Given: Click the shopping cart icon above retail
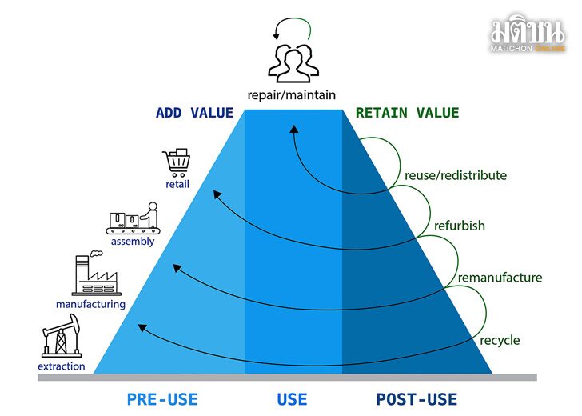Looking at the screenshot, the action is [x=177, y=162].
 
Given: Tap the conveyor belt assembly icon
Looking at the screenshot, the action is [x=134, y=218].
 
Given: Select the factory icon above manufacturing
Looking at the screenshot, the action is [x=96, y=274].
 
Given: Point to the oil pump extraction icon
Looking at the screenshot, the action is [x=62, y=336].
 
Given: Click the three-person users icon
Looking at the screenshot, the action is [x=293, y=63].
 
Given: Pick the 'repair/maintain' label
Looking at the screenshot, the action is [x=291, y=95].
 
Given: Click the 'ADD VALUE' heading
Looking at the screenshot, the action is [x=194, y=113].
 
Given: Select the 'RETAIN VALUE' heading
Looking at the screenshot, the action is [x=407, y=113].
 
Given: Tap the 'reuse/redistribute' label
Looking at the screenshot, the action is [x=456, y=175].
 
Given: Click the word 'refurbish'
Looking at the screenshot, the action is [x=460, y=226].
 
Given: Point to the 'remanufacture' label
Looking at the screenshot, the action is [x=500, y=278].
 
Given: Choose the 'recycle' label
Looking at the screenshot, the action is [x=500, y=340].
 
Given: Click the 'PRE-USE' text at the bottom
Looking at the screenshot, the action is [x=162, y=400].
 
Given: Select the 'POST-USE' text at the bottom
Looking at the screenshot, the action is [x=417, y=400].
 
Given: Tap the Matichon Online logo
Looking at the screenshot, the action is [x=528, y=33].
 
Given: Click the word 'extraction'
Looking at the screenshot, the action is [x=62, y=366].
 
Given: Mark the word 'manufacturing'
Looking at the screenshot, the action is [x=90, y=305].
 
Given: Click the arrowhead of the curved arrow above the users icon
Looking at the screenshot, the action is [x=276, y=36].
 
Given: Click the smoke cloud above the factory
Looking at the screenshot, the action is [x=96, y=254].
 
